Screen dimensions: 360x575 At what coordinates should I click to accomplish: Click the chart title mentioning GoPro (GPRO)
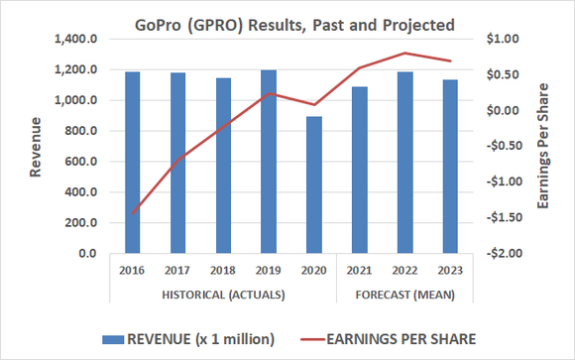[287, 23]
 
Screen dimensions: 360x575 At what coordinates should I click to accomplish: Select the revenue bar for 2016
[133, 163]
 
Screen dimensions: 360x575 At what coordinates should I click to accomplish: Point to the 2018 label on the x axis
[223, 269]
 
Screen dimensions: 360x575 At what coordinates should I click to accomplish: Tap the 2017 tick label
[177, 269]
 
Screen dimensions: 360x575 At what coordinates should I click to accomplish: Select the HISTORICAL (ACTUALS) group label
[223, 295]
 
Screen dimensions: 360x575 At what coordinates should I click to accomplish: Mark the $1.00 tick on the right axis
[502, 39]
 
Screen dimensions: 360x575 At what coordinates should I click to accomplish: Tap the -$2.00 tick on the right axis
[500, 254]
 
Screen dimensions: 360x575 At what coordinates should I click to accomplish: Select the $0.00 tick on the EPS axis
[502, 111]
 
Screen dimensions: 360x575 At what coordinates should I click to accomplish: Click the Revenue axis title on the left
[36, 146]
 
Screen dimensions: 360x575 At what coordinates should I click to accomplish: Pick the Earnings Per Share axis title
[544, 146]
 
